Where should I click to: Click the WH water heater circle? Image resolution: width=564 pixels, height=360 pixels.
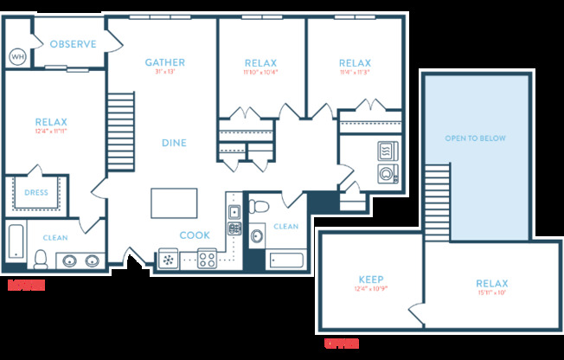[x=17, y=56]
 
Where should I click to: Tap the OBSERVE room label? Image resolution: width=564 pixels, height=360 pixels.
[x=73, y=44]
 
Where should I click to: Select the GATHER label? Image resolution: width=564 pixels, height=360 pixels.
[x=164, y=62]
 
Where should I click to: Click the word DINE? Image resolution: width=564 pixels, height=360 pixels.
[x=174, y=143]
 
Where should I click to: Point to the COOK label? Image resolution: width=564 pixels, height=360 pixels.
[x=194, y=235]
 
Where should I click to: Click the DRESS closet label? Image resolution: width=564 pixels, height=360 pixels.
[x=35, y=193]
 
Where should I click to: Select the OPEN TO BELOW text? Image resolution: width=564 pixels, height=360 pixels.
[x=475, y=138]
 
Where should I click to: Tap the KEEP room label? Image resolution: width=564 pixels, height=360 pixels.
[x=370, y=280]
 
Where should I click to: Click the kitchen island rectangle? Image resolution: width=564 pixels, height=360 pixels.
[x=173, y=203]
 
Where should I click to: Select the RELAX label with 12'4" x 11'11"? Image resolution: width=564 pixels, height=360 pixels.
[x=51, y=122]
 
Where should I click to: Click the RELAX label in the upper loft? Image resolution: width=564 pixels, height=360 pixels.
[x=491, y=284]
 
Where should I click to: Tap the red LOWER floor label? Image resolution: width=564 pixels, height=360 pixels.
[x=25, y=285]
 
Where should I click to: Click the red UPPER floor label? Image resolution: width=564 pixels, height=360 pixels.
[x=341, y=344]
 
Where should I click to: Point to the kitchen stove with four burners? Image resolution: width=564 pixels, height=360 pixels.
[x=207, y=258]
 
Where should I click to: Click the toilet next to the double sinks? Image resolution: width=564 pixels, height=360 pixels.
[x=40, y=258]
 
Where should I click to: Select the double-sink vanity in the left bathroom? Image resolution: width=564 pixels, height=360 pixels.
[x=80, y=260]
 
